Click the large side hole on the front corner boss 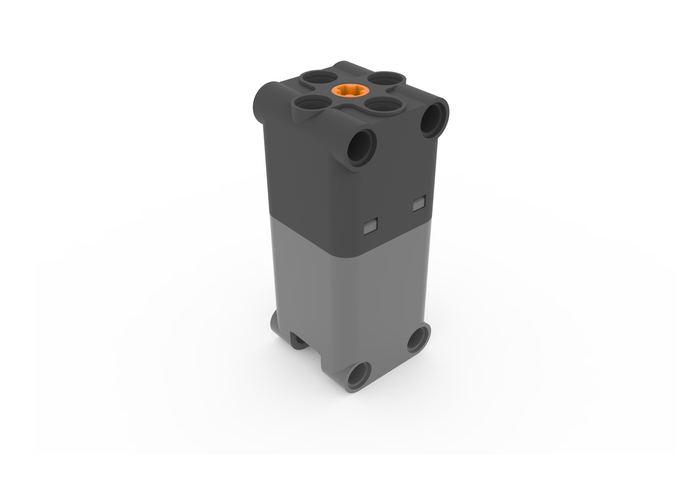362,148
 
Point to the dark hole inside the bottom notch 300,342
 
